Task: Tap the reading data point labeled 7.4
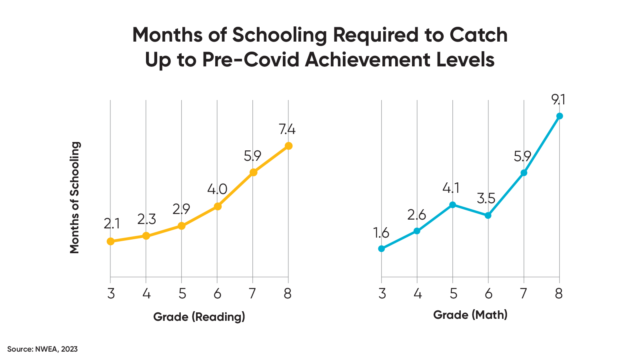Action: point(289,146)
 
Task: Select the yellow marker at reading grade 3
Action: point(109,242)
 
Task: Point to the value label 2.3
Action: point(145,218)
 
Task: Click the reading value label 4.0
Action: point(217,188)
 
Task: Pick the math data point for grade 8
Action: point(560,116)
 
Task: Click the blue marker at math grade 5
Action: point(453,204)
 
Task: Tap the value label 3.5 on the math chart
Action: point(488,196)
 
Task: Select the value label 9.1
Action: point(560,98)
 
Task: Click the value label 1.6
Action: point(381,231)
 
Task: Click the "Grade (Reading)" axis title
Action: point(199,317)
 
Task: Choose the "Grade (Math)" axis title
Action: point(470,317)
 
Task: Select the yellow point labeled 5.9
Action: point(253,172)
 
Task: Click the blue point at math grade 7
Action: point(524,173)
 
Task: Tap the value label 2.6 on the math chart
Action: point(417,213)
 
